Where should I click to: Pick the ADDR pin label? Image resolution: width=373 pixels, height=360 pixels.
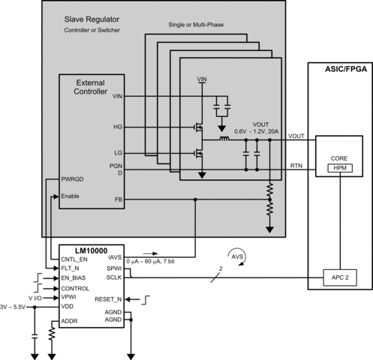pyautogui.click(x=70, y=321)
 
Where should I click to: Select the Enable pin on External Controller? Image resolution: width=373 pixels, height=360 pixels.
pyautogui.click(x=72, y=196)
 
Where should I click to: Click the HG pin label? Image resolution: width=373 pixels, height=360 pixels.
pyautogui.click(x=116, y=127)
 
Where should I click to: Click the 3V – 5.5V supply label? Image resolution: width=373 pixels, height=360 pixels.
pyautogui.click(x=16, y=307)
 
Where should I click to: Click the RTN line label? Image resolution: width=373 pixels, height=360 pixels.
pyautogui.click(x=296, y=165)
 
